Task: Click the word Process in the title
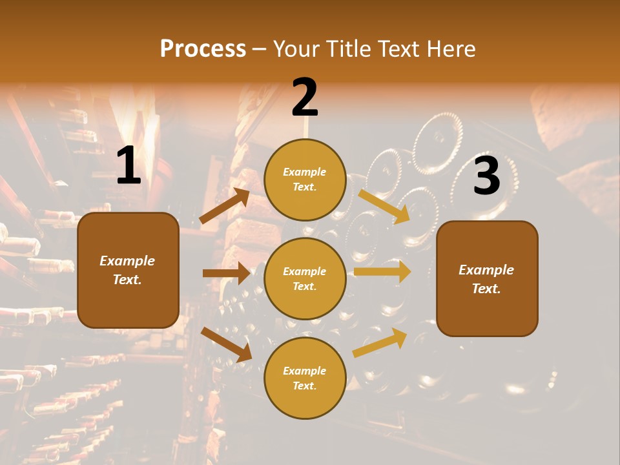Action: point(203,49)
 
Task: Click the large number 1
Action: point(129,166)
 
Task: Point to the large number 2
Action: point(305,98)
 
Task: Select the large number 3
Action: point(486,176)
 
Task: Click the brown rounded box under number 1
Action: point(128,270)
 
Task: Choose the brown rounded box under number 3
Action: point(487,278)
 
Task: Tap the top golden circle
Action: point(305,180)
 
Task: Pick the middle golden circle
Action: point(305,278)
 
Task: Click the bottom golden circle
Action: point(305,378)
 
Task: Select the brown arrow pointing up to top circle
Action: point(225,206)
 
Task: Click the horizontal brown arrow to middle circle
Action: point(226,273)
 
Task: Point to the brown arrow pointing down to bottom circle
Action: point(226,344)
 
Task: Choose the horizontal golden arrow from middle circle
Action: point(382,272)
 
